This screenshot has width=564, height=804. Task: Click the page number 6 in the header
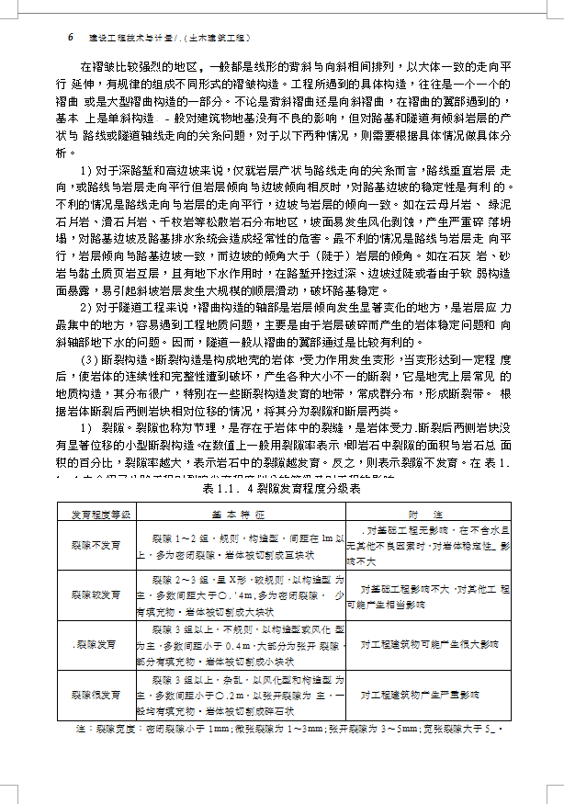(71, 38)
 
